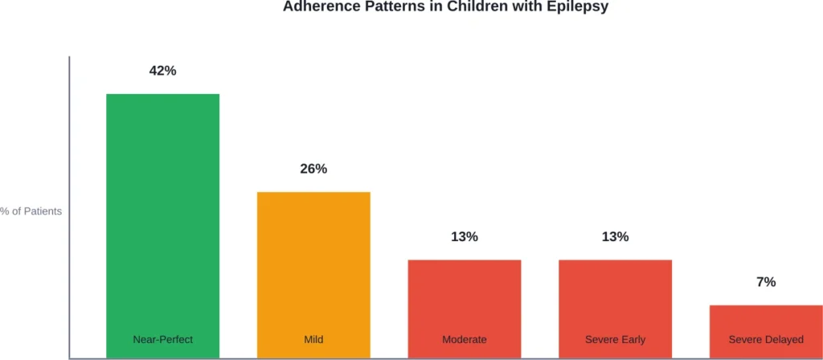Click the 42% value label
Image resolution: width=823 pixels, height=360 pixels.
click(x=162, y=71)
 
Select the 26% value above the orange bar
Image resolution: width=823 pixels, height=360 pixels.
click(x=313, y=169)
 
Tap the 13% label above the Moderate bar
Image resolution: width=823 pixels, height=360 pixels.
click(x=465, y=237)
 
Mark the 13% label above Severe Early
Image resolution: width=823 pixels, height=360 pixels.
click(x=616, y=237)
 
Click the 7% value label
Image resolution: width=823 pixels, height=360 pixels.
click(x=766, y=282)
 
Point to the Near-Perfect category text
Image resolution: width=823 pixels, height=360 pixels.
click(x=162, y=340)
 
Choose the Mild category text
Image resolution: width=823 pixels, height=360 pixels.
click(x=313, y=340)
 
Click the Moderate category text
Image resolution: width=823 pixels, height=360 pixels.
click(x=465, y=340)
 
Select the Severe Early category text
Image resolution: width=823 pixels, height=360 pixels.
click(x=616, y=340)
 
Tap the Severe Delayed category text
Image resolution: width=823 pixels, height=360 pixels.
click(x=766, y=340)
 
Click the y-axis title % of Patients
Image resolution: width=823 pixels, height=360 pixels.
click(x=31, y=211)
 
